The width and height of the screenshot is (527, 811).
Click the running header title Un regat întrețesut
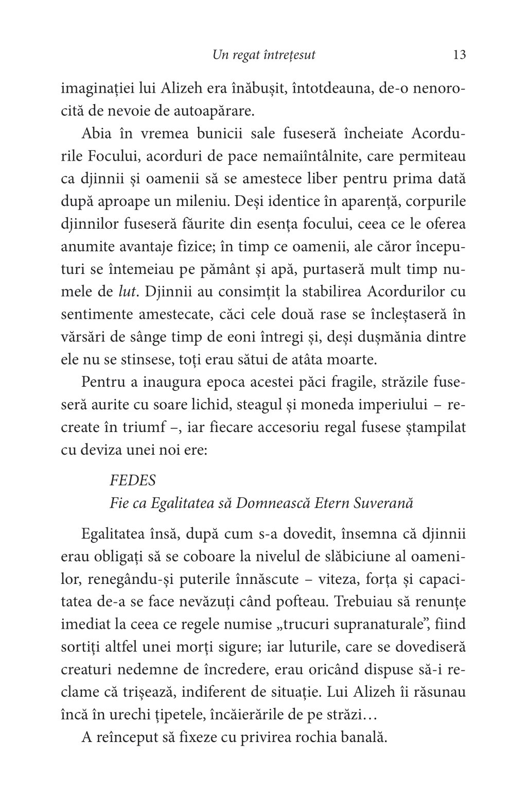click(x=263, y=55)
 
